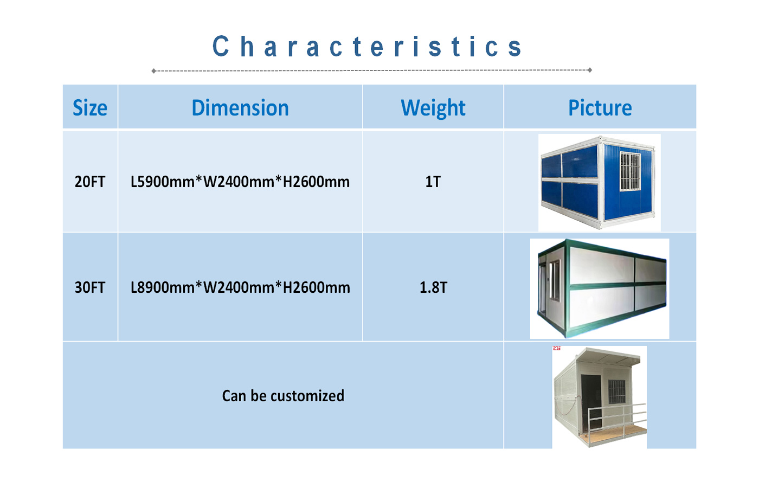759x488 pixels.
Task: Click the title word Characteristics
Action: pyautogui.click(x=368, y=46)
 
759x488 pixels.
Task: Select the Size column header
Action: pyautogui.click(x=90, y=108)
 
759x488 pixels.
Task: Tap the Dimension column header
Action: pyautogui.click(x=240, y=108)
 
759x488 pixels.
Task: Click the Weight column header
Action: pyautogui.click(x=433, y=108)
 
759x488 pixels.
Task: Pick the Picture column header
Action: pyautogui.click(x=600, y=108)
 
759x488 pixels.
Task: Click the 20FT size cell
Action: pyautogui.click(x=90, y=182)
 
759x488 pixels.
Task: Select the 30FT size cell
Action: pyautogui.click(x=90, y=287)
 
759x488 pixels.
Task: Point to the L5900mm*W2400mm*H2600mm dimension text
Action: pyautogui.click(x=240, y=182)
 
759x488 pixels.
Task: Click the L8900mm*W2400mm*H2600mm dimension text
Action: pyautogui.click(x=240, y=287)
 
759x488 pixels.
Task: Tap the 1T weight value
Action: pyautogui.click(x=433, y=182)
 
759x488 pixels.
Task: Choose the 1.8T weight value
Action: pyautogui.click(x=433, y=287)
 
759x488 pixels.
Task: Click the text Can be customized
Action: pyautogui.click(x=283, y=395)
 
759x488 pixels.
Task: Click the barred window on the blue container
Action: pyautogui.click(x=630, y=171)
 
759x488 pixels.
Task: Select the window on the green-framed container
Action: pyautogui.click(x=554, y=280)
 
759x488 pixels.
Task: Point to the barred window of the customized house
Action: pyautogui.click(x=617, y=391)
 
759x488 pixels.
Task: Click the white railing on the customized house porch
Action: pyautogui.click(x=617, y=420)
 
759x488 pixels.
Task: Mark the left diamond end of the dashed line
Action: pyautogui.click(x=154, y=71)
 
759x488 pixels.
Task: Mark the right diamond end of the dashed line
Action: pyautogui.click(x=590, y=70)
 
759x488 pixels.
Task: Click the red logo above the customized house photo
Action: pyautogui.click(x=557, y=348)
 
